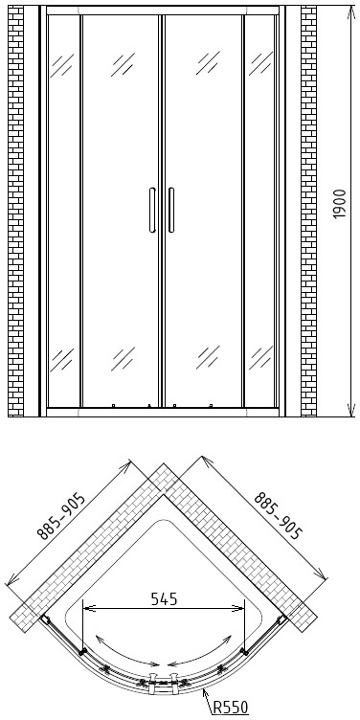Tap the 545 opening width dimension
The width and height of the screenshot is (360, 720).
coord(164,599)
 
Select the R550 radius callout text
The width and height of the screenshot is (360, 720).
coord(230,707)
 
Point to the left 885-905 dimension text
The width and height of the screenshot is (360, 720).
coord(61,516)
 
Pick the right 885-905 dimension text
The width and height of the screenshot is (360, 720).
coord(278,515)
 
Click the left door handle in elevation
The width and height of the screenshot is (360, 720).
coord(152,210)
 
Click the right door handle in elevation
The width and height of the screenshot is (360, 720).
coord(171,210)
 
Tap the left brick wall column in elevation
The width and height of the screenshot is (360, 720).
coord(15,212)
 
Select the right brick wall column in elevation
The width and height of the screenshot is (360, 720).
coord(308,212)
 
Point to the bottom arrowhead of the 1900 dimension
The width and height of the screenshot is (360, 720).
coord(351,415)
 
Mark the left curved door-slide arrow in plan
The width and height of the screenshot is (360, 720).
coord(125,652)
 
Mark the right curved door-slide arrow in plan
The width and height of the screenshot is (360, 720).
coord(200,652)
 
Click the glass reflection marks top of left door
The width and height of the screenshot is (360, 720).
coord(123,64)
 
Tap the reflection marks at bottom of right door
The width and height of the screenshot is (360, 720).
coord(208,358)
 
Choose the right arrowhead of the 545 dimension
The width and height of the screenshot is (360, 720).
coord(242,608)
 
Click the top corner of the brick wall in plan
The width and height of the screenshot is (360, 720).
coord(163,463)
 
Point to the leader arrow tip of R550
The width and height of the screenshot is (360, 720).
coord(203,689)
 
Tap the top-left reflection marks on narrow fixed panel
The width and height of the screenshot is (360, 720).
coord(62,65)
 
